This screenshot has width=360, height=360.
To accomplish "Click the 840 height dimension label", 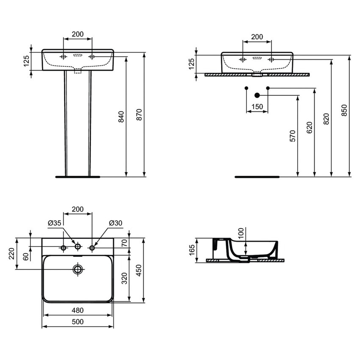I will pos(121,116).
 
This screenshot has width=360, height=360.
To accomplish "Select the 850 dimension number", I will pos(344,110).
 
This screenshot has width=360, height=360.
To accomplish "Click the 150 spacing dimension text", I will pos(257,107).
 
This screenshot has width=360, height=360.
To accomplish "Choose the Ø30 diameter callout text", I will pos(115,222).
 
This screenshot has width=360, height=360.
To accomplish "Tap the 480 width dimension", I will pos(78,310).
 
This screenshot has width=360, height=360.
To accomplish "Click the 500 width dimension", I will pos(78,322).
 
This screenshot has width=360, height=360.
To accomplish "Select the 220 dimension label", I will pos(11,254).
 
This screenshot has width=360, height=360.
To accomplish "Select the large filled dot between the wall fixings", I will pos(257,95).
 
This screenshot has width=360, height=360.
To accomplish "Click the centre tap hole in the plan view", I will pos(78,247).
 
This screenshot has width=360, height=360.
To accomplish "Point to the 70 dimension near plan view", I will pos(124,243).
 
